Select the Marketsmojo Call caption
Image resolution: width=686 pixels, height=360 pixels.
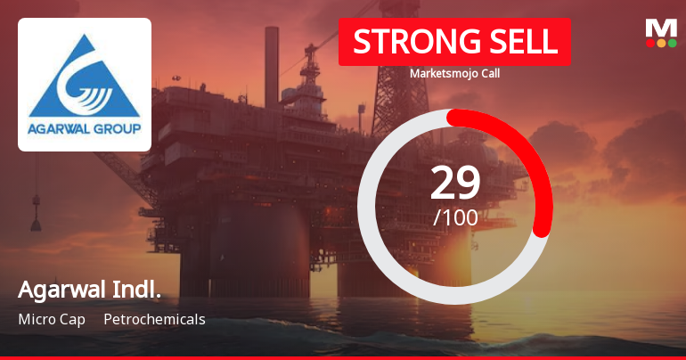[x=454, y=74]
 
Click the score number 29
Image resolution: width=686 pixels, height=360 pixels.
[x=455, y=183]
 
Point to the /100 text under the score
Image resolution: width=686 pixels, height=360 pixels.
[x=455, y=217]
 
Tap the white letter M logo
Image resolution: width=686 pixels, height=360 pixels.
[x=661, y=28]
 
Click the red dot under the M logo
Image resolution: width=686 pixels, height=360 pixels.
[x=649, y=43]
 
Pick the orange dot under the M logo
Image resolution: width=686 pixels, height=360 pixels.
[x=661, y=43]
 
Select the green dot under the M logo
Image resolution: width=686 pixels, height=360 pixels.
[x=673, y=43]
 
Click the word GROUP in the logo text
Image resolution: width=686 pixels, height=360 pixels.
[x=117, y=128]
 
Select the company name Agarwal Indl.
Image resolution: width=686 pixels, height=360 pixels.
[x=89, y=290]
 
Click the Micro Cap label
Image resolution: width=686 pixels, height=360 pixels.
[x=51, y=319]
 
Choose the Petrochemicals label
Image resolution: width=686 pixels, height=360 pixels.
[x=154, y=319]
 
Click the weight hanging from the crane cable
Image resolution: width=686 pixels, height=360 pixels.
[x=36, y=218]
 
